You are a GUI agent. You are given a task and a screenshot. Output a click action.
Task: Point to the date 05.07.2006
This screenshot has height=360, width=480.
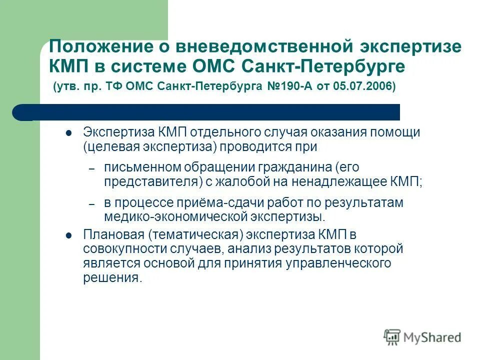(366, 86)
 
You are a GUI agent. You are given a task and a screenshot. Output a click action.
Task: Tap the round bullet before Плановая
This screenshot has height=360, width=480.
(69, 235)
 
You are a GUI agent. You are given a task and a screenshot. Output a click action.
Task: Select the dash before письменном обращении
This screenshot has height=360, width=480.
(91, 170)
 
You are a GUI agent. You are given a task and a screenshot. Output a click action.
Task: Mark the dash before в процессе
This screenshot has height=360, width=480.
(91, 205)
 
